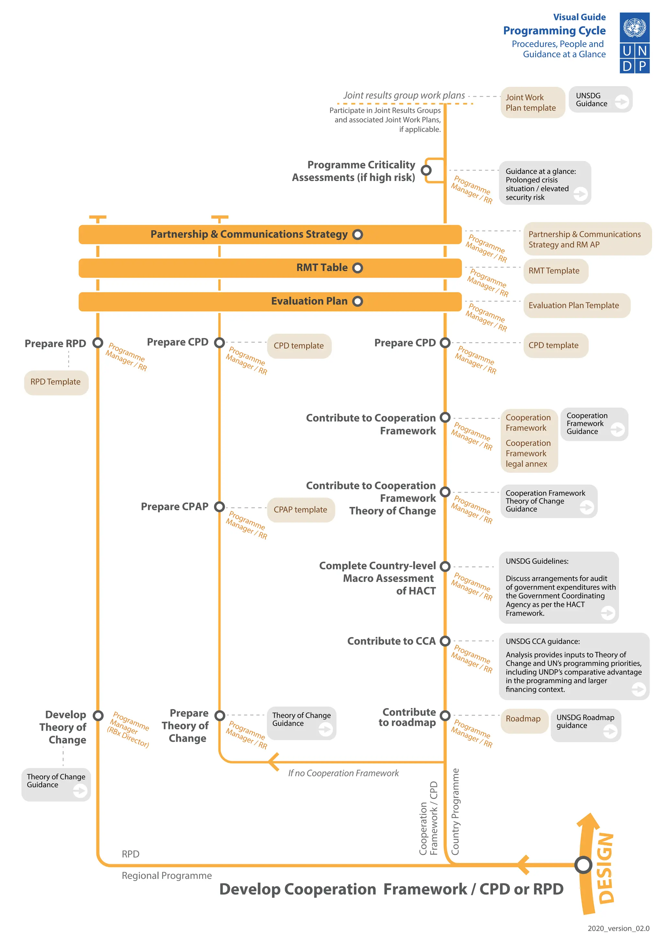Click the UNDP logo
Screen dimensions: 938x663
click(x=635, y=43)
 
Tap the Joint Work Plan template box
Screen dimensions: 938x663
click(x=532, y=103)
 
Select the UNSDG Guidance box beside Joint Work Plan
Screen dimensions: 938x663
click(x=600, y=100)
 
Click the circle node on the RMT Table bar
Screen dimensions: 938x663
click(x=358, y=268)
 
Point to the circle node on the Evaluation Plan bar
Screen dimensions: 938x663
click(x=358, y=302)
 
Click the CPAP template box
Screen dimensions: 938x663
click(x=300, y=510)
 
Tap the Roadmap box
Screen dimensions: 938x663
click(x=523, y=719)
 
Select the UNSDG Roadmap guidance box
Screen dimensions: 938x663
click(x=585, y=725)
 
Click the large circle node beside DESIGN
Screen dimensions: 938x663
click(x=583, y=864)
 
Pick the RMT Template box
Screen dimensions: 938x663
click(x=555, y=271)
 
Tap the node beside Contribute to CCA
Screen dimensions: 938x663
click(x=445, y=641)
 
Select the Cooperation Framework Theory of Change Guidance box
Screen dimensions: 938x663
click(x=548, y=501)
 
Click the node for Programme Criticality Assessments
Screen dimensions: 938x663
click(x=426, y=170)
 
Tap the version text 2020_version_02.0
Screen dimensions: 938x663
click(x=618, y=928)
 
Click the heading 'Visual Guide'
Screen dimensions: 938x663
click(x=579, y=17)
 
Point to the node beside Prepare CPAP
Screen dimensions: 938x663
click(x=219, y=507)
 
